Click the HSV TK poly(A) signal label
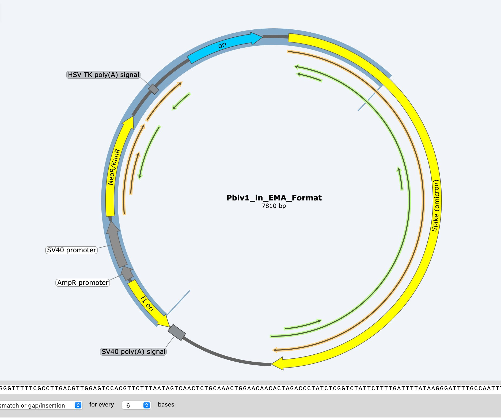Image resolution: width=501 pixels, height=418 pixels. coord(103,75)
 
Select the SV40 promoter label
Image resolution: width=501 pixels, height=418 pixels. coord(71,250)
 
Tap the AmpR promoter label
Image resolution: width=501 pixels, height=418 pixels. coord(83,283)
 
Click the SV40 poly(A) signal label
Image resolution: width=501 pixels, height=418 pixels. coord(133,352)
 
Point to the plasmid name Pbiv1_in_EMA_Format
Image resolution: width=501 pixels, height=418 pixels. coord(274,198)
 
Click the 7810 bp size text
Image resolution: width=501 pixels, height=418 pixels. coord(274,206)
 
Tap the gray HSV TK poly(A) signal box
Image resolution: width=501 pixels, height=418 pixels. coord(153,89)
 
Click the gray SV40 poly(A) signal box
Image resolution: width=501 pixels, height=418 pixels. coord(177,332)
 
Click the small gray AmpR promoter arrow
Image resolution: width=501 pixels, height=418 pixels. coord(127,273)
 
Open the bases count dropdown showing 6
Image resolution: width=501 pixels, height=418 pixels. coord(136,405)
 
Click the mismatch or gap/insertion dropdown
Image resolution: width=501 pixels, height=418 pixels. coord(40,405)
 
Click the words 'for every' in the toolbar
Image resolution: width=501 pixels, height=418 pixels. coord(101,405)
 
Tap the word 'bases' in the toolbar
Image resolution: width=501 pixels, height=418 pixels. coord(166,405)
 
